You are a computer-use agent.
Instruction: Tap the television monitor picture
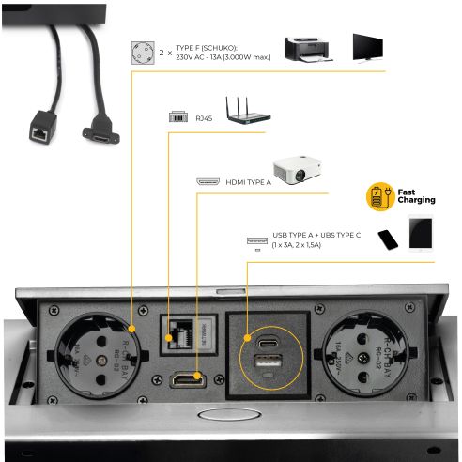pos(367,47)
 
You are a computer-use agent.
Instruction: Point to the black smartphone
pos(388,239)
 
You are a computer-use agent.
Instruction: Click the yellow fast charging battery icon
pos(378,196)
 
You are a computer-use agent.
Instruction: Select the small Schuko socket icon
pos(142,53)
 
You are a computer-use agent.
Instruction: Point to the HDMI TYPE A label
pos(247,181)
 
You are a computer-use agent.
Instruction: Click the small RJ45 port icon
pos(177,118)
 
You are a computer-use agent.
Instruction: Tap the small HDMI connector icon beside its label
pos(208,181)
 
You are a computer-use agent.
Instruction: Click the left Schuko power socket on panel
pos(96,353)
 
